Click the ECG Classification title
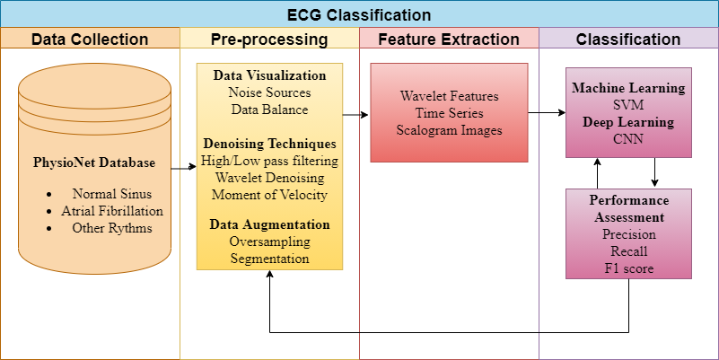(x=359, y=15)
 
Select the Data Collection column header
(x=90, y=39)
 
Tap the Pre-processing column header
(x=269, y=40)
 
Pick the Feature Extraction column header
(x=449, y=39)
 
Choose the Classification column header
(x=628, y=39)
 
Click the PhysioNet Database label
(x=94, y=162)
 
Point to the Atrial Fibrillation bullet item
(x=112, y=211)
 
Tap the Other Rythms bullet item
(x=112, y=228)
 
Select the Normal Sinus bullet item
(x=112, y=194)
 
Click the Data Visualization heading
(x=269, y=75)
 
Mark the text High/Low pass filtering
(x=269, y=161)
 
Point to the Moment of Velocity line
(x=269, y=195)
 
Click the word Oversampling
(x=269, y=241)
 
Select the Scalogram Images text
(x=450, y=130)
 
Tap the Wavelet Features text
(x=450, y=96)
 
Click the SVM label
(x=628, y=105)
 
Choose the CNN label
(x=628, y=139)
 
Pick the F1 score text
(x=628, y=268)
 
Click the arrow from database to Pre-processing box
(x=183, y=168)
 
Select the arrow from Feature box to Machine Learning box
(x=547, y=113)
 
